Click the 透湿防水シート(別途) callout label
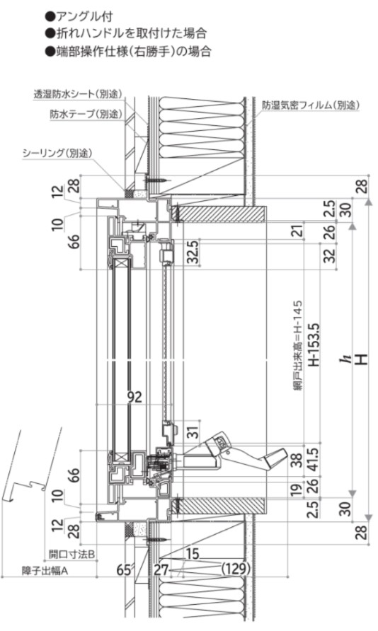[x=78, y=94]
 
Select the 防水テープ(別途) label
[x=86, y=114]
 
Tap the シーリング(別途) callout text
[x=57, y=153]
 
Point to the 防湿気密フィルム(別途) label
[x=310, y=105]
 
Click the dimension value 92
[x=135, y=397]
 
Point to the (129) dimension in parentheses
[x=236, y=569]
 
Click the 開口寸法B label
[x=71, y=554]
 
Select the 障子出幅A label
[x=45, y=571]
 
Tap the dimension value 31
[x=193, y=432]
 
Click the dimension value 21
[x=297, y=231]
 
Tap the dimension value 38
[x=297, y=460]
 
